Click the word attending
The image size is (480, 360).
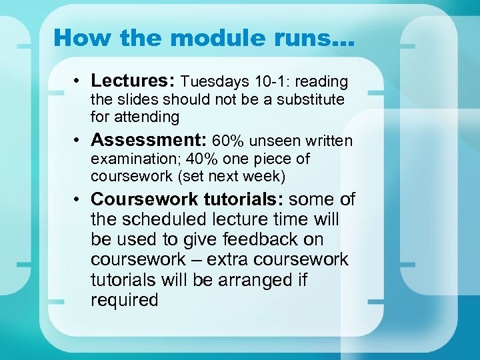click(148, 117)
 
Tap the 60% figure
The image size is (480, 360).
click(227, 141)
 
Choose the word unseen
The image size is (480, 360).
click(268, 141)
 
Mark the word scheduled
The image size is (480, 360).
click(169, 219)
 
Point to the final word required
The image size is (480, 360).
click(124, 300)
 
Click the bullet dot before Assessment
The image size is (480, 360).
click(78, 141)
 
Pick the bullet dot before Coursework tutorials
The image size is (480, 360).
click(78, 199)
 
